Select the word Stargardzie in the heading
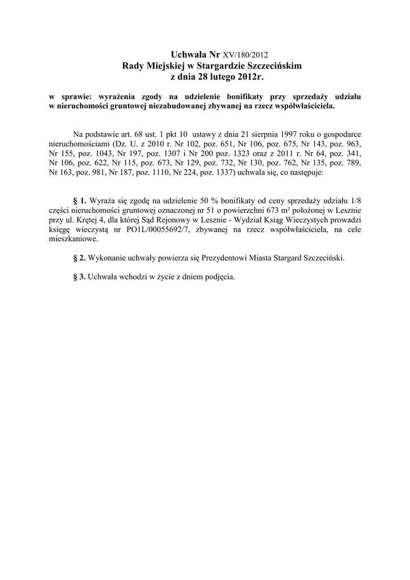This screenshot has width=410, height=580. tap(219, 66)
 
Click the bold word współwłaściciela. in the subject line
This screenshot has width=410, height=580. tap(303, 105)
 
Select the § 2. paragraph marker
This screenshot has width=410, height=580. tap(80, 258)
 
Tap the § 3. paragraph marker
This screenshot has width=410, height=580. tap(80, 278)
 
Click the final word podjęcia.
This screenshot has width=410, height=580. tap(219, 278)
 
